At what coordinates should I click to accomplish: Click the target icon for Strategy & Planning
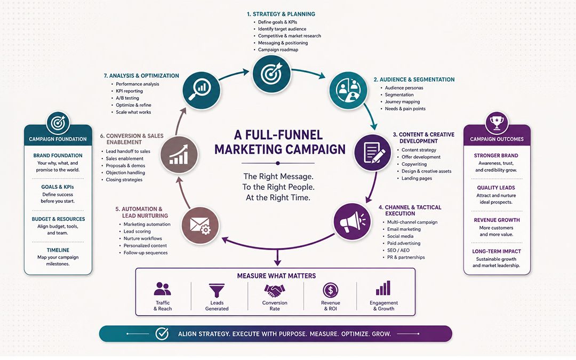[x=271, y=74]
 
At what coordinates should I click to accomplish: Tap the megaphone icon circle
[x=353, y=221]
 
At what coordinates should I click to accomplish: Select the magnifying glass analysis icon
[x=201, y=90]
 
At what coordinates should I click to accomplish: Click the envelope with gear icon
[x=200, y=225]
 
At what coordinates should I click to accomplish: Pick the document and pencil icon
[x=373, y=153]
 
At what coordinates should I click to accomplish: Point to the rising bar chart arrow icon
[x=179, y=154]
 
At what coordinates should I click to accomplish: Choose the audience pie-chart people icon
[x=348, y=90]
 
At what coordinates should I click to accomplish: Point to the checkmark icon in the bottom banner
[x=162, y=333]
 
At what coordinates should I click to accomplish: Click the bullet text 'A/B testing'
[x=127, y=98]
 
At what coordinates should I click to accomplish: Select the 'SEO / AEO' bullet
[x=398, y=250]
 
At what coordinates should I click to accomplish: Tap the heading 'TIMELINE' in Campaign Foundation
[x=58, y=250]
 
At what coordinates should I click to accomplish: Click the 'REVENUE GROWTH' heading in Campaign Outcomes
[x=497, y=220]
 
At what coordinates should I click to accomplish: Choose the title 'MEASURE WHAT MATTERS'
[x=276, y=276]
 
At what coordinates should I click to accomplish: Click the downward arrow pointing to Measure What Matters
[x=277, y=257]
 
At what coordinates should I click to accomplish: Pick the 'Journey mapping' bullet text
[x=402, y=102]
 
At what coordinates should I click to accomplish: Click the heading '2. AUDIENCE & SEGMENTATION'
[x=414, y=79]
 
